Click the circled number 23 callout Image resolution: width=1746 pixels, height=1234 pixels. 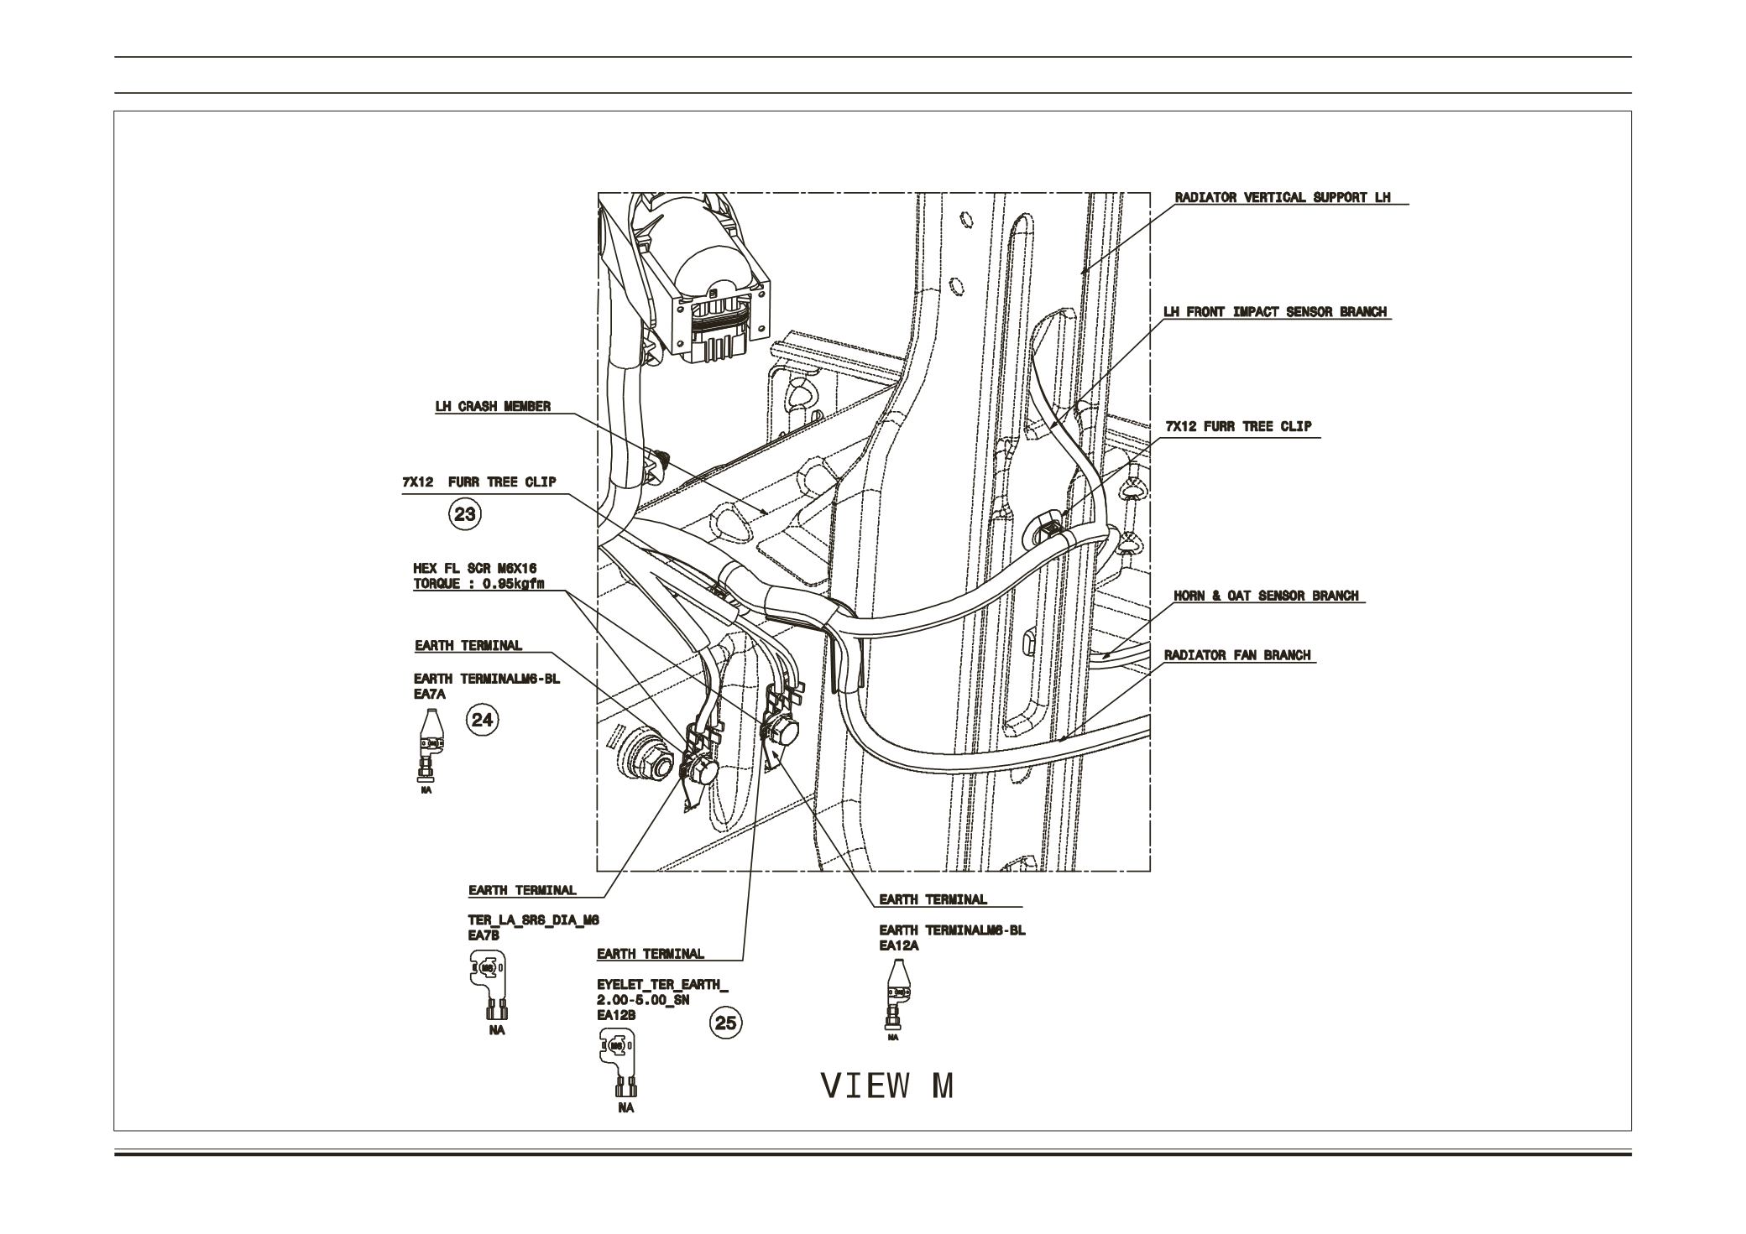click(x=465, y=513)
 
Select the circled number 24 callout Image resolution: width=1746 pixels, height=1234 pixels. click(x=483, y=719)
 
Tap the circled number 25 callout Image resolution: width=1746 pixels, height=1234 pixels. click(x=726, y=1023)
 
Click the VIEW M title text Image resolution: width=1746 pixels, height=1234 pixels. click(x=887, y=1086)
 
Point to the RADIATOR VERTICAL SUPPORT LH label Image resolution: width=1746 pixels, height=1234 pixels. click(x=1282, y=198)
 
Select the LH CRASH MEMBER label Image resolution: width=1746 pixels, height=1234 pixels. click(x=493, y=407)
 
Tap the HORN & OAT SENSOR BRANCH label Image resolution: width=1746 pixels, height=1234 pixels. click(x=1265, y=596)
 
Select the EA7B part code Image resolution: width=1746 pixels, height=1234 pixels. click(x=484, y=935)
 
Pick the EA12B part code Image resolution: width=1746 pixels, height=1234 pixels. click(x=616, y=1015)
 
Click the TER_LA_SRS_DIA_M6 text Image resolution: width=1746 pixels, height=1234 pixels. click(x=533, y=920)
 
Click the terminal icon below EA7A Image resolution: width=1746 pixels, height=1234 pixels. click(x=430, y=742)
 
